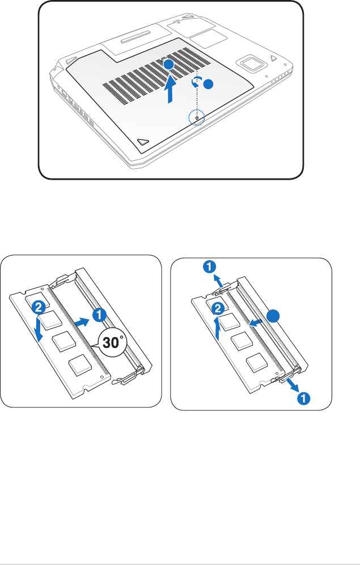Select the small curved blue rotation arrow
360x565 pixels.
click(196, 80)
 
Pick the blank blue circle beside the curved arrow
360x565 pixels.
click(208, 85)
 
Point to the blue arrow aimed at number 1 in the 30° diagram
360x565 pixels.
click(82, 321)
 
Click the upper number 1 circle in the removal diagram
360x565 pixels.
click(210, 265)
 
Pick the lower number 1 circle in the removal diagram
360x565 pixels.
click(305, 398)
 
